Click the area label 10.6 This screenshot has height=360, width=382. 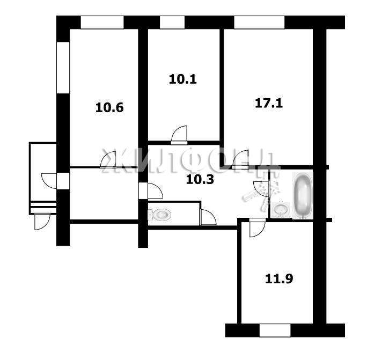[x=109, y=108]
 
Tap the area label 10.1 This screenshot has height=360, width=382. [x=183, y=79]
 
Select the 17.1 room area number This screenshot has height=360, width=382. [x=269, y=103]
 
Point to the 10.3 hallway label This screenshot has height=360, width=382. [x=200, y=180]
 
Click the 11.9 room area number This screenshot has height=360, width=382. [x=278, y=278]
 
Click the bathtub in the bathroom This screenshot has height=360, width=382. [x=303, y=196]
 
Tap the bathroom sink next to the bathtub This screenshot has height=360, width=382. [x=281, y=209]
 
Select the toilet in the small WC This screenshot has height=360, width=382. [x=159, y=215]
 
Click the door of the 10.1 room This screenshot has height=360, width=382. [x=179, y=135]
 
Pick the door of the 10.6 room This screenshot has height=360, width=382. [x=108, y=159]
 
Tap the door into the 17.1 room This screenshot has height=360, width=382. [x=240, y=159]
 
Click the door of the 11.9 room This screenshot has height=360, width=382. [x=258, y=227]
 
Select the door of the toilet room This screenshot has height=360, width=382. [x=208, y=217]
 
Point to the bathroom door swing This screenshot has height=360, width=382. [x=261, y=189]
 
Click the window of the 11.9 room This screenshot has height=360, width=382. [x=275, y=330]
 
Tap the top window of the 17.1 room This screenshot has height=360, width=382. [x=259, y=23]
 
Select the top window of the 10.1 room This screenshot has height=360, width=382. [x=172, y=23]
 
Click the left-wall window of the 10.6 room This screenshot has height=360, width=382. [x=63, y=68]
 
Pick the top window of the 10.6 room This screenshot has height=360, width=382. [x=102, y=23]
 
